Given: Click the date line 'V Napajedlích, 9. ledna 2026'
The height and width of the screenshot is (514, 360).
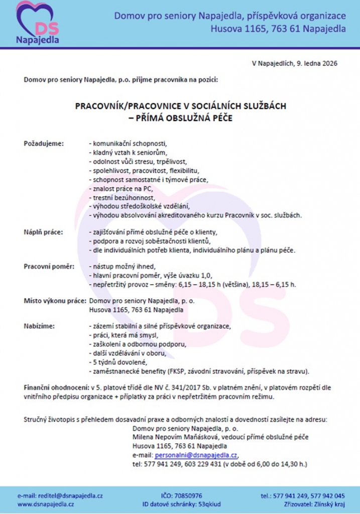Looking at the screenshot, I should tap(294, 64).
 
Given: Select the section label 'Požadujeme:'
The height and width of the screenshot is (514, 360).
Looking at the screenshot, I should tap(44, 144).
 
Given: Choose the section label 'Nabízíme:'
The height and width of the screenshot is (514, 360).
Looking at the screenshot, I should tap(40, 326).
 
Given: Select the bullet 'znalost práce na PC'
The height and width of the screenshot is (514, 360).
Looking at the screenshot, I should tap(120, 188).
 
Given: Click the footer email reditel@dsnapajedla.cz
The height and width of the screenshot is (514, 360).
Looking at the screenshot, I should tap(60, 495).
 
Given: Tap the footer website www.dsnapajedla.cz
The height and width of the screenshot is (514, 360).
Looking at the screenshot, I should tap(46, 504).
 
